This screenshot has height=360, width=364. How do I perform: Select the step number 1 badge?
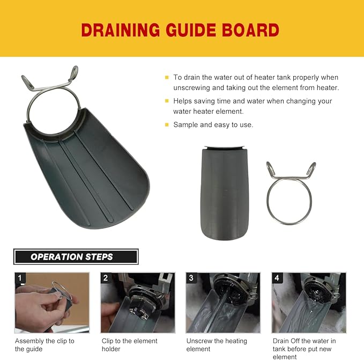click(x=20, y=278)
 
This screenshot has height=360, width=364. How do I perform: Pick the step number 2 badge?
click(x=106, y=278)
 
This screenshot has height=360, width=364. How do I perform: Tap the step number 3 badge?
click(x=191, y=278)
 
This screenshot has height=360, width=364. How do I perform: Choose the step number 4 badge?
click(x=277, y=278)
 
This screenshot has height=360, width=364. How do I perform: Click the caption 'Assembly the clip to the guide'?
click(x=44, y=345)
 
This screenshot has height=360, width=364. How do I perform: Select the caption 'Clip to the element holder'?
click(x=130, y=345)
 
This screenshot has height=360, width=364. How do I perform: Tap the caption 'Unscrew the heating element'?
click(x=217, y=345)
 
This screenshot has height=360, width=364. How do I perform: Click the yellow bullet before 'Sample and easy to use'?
click(x=167, y=125)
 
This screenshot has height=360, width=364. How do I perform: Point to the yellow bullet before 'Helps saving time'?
click(x=167, y=101)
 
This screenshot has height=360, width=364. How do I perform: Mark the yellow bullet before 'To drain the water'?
click(x=167, y=78)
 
